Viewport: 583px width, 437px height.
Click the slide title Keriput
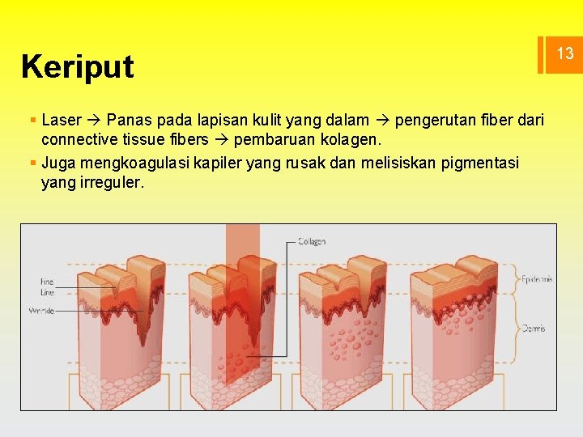78,66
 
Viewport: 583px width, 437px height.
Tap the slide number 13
564,54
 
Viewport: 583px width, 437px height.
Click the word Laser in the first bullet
62,121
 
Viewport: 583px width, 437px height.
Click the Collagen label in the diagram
312,241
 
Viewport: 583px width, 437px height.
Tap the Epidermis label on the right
537,279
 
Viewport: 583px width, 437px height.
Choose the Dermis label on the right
533,329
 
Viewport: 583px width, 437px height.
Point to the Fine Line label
46,286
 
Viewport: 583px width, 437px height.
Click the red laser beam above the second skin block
242,243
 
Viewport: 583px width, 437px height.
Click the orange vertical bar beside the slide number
540,54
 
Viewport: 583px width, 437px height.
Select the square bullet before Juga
32,163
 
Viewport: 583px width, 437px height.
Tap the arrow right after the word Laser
93,121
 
